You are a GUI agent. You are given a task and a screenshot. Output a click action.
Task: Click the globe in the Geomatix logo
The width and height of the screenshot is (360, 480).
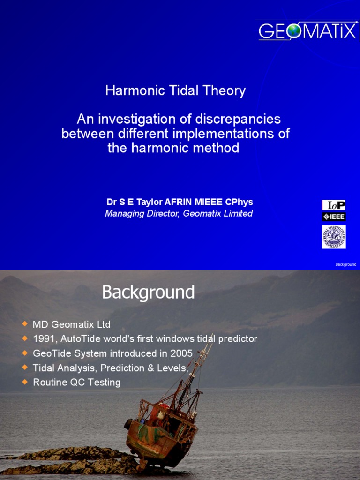tap(293, 31)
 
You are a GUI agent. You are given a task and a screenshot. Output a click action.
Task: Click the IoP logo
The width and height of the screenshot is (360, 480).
tap(334, 205)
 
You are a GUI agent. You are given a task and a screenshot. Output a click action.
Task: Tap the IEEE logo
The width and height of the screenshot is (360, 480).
tap(334, 217)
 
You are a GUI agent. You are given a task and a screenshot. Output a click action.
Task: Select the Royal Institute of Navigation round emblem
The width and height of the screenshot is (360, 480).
tap(334, 237)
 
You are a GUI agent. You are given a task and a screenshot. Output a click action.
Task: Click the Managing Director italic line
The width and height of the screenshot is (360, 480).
tap(179, 214)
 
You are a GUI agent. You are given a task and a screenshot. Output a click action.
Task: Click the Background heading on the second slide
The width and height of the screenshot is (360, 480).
tap(148, 292)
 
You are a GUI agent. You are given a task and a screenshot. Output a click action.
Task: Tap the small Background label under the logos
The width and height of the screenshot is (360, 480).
tap(345, 264)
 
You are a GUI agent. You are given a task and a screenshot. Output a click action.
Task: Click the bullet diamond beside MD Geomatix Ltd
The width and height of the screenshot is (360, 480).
tap(25, 324)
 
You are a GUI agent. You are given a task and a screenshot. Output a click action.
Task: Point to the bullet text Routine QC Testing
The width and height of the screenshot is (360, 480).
tap(76, 382)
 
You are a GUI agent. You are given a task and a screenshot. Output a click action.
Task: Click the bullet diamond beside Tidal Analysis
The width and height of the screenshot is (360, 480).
tap(25, 367)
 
